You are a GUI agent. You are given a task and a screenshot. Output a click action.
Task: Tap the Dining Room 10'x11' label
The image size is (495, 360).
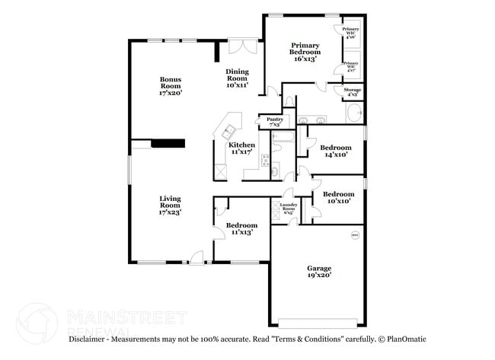click(237, 78)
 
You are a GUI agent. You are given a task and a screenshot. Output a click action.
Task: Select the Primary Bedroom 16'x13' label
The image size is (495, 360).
click(305, 52)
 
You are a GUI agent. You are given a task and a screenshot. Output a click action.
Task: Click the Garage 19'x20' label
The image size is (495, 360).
click(318, 272)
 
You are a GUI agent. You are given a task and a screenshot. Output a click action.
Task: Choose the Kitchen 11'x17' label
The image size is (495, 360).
click(242, 148)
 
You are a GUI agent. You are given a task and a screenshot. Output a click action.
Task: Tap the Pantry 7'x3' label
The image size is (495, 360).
click(275, 121)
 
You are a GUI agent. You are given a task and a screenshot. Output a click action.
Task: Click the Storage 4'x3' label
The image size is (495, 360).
click(353, 91)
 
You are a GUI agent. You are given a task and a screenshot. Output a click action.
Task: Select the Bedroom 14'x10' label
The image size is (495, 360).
click(335, 150)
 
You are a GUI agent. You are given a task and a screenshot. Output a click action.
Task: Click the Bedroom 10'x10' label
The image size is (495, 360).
click(337, 196)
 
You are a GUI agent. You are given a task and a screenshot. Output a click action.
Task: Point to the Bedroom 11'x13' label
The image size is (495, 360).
click(241, 228)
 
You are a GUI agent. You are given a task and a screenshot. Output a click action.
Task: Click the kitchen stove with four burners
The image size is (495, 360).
click(266, 161)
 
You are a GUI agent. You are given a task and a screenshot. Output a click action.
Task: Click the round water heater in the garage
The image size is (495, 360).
click(354, 235)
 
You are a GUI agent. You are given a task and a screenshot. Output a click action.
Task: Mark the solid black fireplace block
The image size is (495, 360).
click(168, 143)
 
